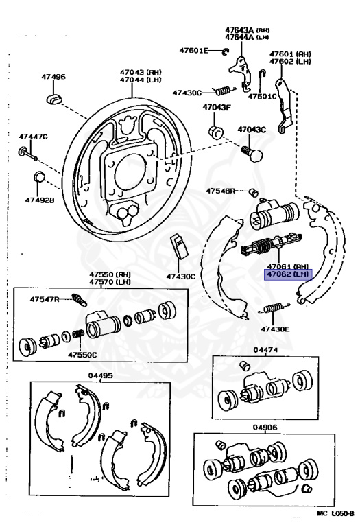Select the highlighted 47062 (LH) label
tap(289, 274)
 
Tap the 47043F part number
tap(216, 107)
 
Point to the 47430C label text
tap(180, 277)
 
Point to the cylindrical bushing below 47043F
tap(214, 130)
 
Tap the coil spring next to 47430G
tap(220, 89)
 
